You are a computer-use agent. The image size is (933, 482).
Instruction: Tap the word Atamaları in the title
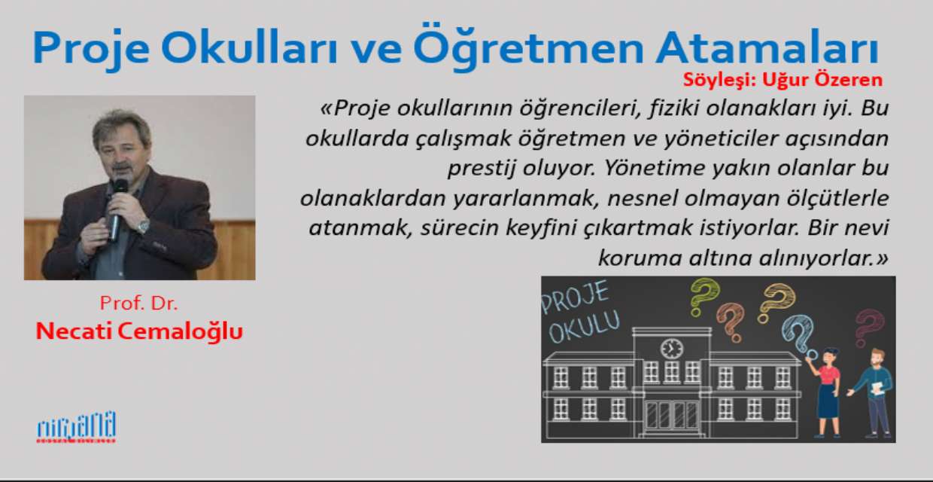click(767, 47)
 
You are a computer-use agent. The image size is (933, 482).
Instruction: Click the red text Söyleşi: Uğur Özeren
click(783, 80)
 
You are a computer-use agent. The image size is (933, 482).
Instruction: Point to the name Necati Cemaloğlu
click(139, 332)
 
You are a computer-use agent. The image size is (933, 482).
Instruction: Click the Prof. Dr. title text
click(138, 303)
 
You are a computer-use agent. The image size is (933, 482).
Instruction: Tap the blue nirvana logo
click(77, 427)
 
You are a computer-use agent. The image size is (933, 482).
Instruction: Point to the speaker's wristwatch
click(144, 227)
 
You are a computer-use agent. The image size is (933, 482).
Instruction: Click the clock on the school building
click(672, 348)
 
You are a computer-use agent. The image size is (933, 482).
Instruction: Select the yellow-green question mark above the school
click(704, 297)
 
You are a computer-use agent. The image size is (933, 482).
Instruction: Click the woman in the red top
click(825, 392)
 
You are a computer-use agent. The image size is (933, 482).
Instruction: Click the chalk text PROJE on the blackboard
click(575, 298)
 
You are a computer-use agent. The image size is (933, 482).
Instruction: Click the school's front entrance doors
click(672, 415)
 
